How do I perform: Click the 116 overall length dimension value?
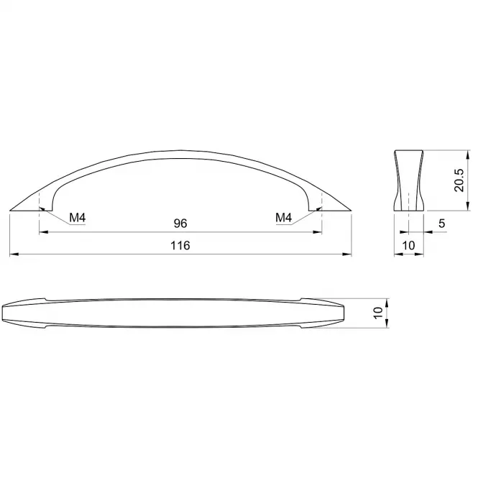click(180, 245)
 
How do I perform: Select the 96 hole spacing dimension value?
click(180, 224)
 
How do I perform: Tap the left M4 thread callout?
click(78, 218)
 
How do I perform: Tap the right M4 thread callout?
click(283, 218)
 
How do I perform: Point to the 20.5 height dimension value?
click(459, 180)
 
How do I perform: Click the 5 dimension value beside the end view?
click(442, 224)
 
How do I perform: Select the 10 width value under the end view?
click(408, 245)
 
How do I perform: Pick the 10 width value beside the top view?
click(378, 313)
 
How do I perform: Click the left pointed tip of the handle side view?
click(10, 211)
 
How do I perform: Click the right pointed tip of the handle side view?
click(351, 211)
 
